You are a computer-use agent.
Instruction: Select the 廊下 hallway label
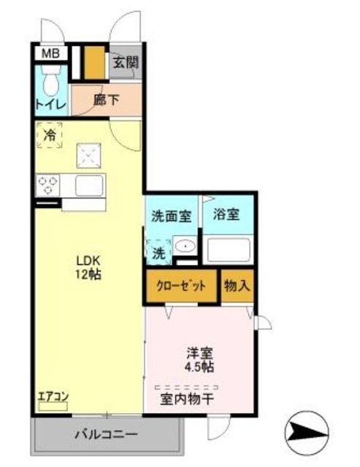(x=106, y=101)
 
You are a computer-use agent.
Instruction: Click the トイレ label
(x=50, y=104)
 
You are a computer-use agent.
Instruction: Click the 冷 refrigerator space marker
(x=50, y=135)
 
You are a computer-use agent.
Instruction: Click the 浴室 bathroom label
(x=226, y=215)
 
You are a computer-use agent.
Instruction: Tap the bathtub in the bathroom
(x=228, y=250)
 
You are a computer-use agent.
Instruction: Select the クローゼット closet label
(x=181, y=285)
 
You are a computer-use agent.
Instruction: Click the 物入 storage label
(x=237, y=285)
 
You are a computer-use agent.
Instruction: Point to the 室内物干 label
(x=187, y=399)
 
